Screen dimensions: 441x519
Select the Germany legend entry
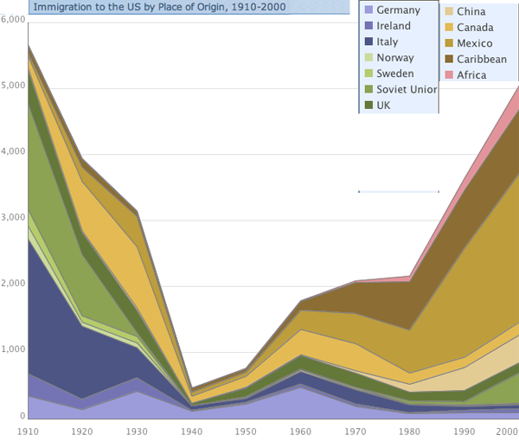pos(399,10)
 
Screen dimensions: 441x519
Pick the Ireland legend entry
pos(394,26)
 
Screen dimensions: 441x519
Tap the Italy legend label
pos(388,42)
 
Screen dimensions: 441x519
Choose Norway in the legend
pos(395,58)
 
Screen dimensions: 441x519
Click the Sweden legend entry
pos(395,73)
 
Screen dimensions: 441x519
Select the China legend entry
pos(471,12)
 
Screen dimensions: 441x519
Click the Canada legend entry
pos(474,28)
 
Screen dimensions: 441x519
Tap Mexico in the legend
pos(474,43)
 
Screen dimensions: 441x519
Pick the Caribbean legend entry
pos(482,59)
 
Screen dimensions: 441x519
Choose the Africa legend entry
pos(471,74)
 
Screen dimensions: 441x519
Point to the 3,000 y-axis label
pos(14,218)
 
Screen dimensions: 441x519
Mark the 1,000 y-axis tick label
pos(14,350)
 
